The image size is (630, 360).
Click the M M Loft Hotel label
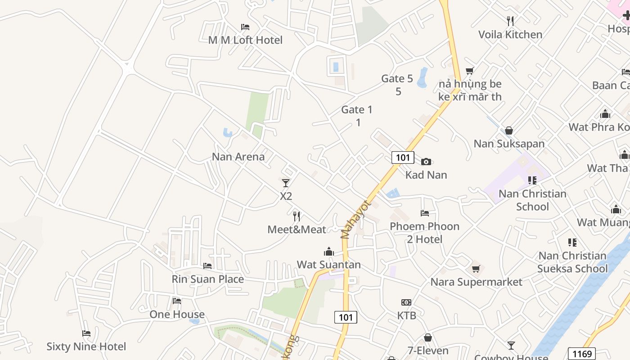point(245,40)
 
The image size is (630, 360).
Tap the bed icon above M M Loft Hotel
point(245,27)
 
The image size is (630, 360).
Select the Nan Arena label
point(238,157)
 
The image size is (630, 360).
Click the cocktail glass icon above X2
point(286,183)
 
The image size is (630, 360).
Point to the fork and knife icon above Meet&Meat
point(297,216)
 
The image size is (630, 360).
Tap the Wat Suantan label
point(328,265)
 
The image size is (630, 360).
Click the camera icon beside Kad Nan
point(426,162)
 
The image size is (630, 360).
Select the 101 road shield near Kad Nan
point(403,157)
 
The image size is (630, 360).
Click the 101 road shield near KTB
point(346,317)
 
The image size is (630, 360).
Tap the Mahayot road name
point(354,219)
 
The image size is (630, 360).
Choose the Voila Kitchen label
point(510,35)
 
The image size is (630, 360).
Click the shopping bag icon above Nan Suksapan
point(509,130)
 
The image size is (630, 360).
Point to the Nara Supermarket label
point(476,282)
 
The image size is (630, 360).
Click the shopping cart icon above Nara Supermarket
point(476,269)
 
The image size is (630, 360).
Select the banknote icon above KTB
point(406,302)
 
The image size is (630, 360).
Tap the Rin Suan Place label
point(207,279)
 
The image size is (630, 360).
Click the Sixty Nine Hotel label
point(86,346)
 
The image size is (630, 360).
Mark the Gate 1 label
point(357,109)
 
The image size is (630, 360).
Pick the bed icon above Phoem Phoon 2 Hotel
point(424,213)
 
